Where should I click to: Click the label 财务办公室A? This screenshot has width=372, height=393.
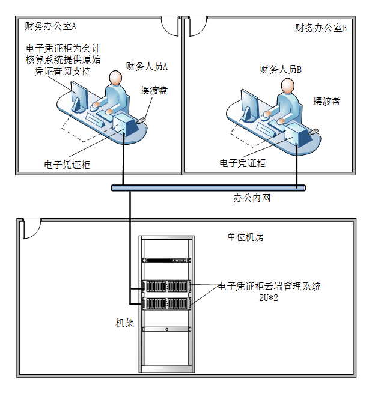(x=50, y=26)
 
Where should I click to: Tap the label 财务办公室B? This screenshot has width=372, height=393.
(x=322, y=28)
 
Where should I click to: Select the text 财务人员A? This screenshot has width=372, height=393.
(x=147, y=66)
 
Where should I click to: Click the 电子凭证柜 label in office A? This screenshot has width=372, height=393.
(x=67, y=164)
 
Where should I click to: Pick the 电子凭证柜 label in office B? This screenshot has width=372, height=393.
(x=242, y=163)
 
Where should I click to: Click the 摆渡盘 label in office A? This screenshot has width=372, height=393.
(x=154, y=90)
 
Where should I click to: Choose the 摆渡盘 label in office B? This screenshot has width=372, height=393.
(x=326, y=102)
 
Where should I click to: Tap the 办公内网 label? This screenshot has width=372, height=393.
(x=252, y=198)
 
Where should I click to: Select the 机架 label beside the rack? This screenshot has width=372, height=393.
(x=125, y=323)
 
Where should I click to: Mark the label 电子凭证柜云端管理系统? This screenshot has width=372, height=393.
(x=269, y=286)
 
